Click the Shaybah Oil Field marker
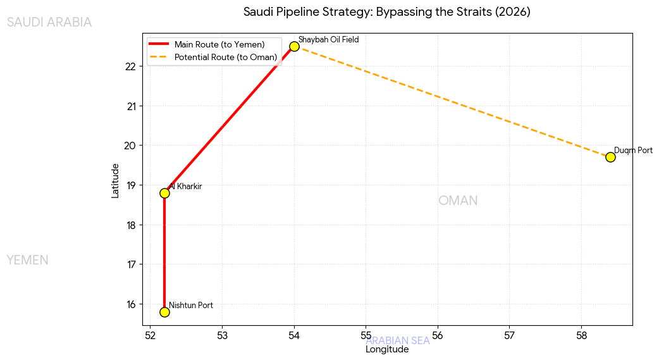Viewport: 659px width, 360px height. coord(294,46)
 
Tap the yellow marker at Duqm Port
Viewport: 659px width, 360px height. coord(610,157)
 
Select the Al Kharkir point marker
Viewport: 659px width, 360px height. coord(164,193)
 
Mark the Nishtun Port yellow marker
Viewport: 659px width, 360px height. coord(164,312)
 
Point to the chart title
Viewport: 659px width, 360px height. coord(386,12)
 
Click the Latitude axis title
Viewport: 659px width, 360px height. coord(115,180)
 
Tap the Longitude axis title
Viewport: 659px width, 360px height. coord(387,349)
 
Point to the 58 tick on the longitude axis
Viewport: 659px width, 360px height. coord(581,335)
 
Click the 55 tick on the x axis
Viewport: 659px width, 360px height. coord(366,335)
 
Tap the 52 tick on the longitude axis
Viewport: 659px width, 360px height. coord(150,335)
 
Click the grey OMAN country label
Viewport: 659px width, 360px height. coord(458,201)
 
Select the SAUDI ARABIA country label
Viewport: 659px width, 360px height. coord(49,23)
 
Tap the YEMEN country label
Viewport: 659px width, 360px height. coord(27,261)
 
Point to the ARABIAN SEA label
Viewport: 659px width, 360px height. coord(398,340)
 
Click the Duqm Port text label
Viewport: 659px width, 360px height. coord(633,151)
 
